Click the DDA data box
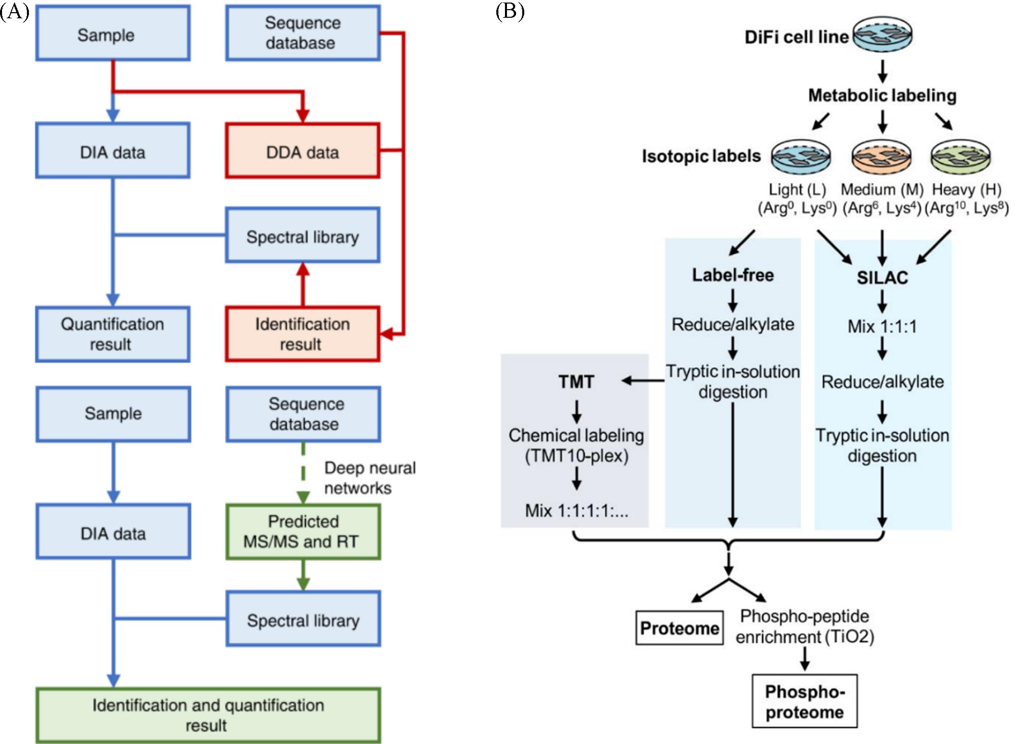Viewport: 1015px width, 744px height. [x=302, y=151]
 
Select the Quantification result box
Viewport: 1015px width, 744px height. [x=112, y=334]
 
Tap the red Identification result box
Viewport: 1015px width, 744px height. [x=302, y=334]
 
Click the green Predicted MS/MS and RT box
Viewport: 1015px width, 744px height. [x=303, y=532]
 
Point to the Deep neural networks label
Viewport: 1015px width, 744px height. [x=369, y=478]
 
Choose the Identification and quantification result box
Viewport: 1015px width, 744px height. [x=208, y=715]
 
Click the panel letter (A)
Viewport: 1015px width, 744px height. [x=14, y=11]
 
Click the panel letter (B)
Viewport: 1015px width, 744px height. [x=510, y=11]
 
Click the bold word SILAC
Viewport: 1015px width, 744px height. [x=882, y=278]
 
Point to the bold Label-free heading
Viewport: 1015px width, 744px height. [x=733, y=275]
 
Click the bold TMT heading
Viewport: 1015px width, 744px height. [x=576, y=382]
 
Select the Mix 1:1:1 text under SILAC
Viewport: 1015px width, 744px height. [x=882, y=327]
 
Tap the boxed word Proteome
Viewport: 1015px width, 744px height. [x=679, y=628]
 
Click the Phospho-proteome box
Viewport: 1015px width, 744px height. [x=805, y=701]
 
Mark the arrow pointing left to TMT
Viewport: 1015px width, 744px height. [x=643, y=380]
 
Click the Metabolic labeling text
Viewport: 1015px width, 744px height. [x=882, y=95]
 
